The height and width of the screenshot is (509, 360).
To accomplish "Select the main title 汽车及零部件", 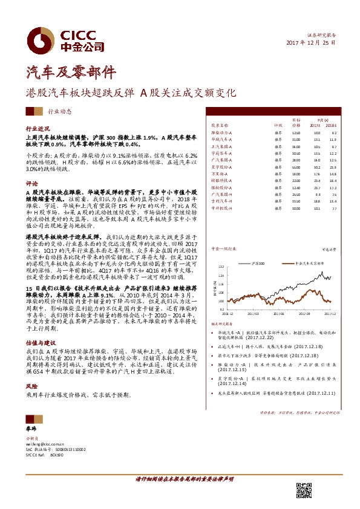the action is [62, 73].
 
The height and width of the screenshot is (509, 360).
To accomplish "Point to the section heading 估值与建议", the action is [39, 341].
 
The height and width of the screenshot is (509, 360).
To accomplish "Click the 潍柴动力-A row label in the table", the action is [225, 132].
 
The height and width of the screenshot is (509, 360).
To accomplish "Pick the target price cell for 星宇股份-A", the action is [296, 166].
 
